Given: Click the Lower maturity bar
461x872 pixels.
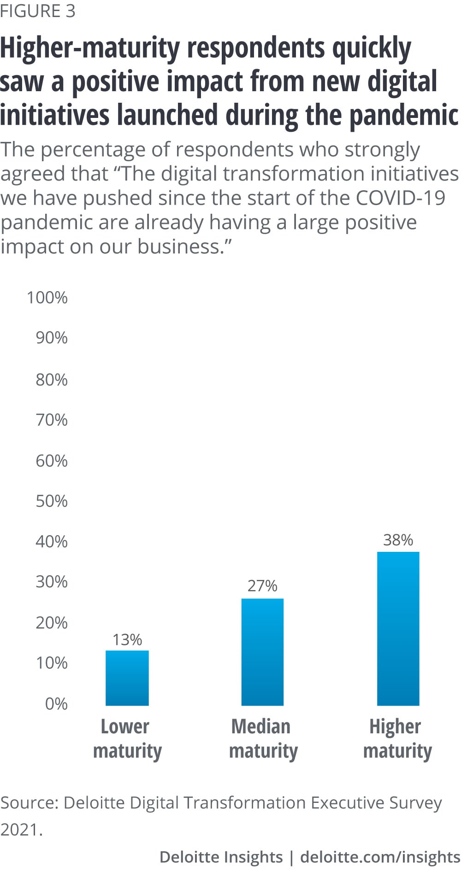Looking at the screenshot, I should (x=127, y=678).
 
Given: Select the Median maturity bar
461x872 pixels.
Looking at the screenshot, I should (x=262, y=652).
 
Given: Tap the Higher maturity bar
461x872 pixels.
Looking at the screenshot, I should (x=398, y=628).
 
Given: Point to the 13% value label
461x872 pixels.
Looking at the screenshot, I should (x=127, y=639).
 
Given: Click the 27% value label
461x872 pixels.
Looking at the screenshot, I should (x=262, y=585).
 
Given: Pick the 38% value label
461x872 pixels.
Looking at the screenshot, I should (x=398, y=539).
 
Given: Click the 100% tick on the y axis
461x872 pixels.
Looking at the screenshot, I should (x=47, y=298).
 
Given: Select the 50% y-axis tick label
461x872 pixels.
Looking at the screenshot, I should (x=52, y=501).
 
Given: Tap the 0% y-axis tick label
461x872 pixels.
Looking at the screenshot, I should (x=56, y=703).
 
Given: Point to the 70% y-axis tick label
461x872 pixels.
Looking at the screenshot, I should (x=52, y=420).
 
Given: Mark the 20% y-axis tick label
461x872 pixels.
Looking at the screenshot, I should (x=52, y=622).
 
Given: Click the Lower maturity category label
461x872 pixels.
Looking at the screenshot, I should (x=127, y=738).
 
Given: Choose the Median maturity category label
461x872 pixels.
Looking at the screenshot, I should (x=263, y=738).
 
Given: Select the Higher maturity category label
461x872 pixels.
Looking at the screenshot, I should (x=397, y=738).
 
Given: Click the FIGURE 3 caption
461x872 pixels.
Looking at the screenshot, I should (x=38, y=11).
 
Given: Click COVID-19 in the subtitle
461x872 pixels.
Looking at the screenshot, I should (x=400, y=198).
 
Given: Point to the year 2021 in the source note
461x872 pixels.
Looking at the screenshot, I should (x=21, y=829).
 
